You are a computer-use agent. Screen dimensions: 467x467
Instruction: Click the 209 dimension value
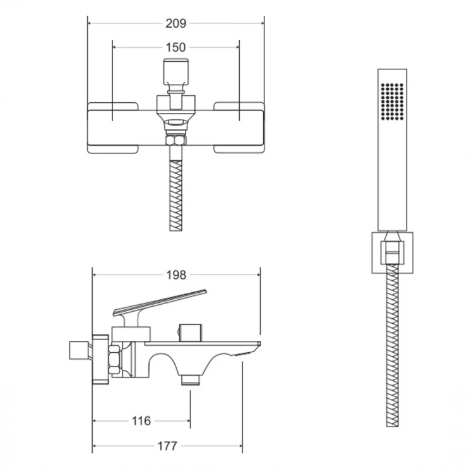click(x=175, y=23)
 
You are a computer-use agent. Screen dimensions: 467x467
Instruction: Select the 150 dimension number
click(x=175, y=47)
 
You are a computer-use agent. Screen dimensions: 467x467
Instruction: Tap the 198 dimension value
click(x=176, y=275)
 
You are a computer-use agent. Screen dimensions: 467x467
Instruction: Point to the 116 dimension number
click(x=141, y=421)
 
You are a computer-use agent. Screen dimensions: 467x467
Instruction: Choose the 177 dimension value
click(x=167, y=446)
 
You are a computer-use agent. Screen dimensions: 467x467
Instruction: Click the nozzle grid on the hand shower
click(x=393, y=102)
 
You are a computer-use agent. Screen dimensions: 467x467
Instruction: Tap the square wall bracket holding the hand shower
click(x=393, y=252)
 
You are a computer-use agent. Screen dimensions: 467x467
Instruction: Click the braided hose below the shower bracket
click(x=393, y=345)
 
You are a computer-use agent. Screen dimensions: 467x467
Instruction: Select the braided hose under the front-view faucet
click(x=175, y=196)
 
